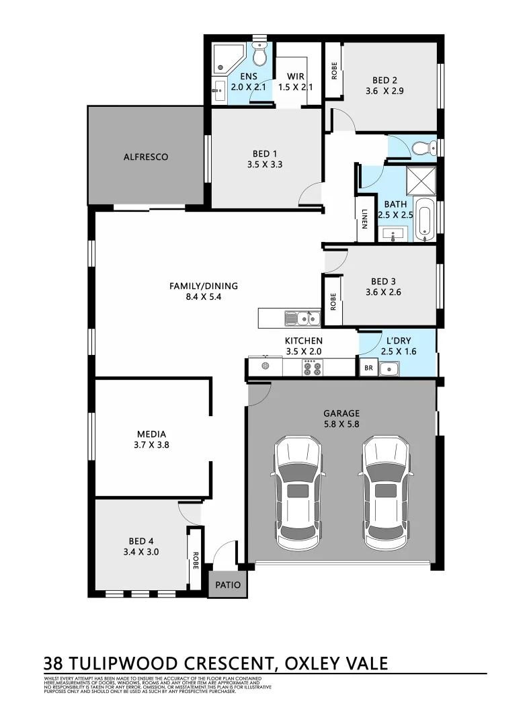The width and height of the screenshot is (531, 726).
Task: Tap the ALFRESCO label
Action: click(x=145, y=157)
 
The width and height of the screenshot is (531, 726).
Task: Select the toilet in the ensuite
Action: click(x=261, y=54)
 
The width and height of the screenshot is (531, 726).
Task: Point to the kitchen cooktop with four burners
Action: click(x=312, y=367)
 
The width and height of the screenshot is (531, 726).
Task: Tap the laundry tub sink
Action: click(x=389, y=368)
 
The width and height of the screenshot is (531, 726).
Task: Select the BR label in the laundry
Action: click(x=368, y=368)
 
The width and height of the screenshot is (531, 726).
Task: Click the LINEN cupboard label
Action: click(x=364, y=218)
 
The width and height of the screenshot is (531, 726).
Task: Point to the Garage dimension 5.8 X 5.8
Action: click(x=341, y=425)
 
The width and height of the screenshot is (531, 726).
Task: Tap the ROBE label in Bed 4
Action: click(x=195, y=559)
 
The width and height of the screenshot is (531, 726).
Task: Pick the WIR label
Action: click(x=296, y=76)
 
